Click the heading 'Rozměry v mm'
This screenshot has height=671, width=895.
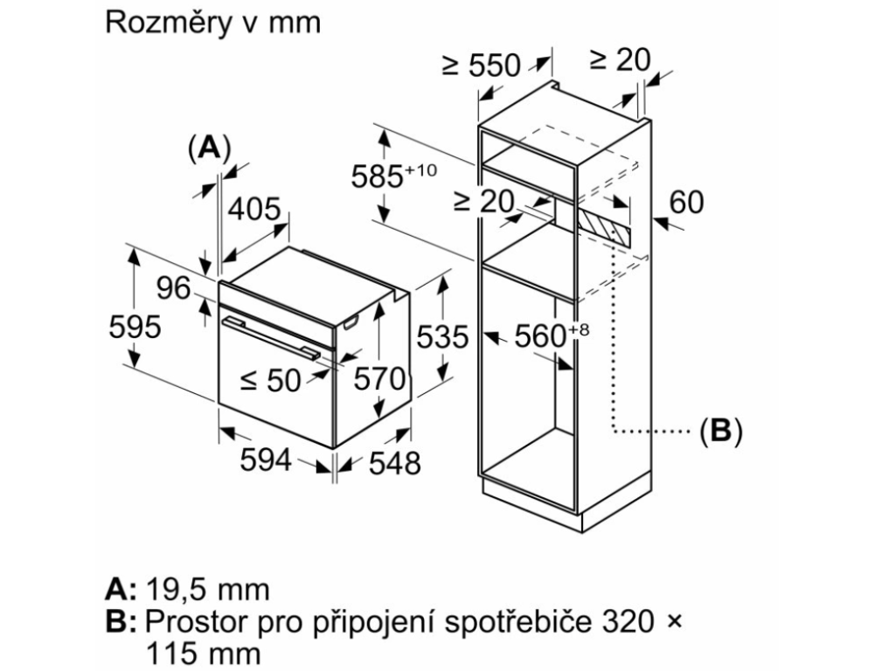(x=212, y=23)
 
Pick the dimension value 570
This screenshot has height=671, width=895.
(x=379, y=378)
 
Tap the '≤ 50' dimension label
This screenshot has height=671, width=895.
(x=270, y=380)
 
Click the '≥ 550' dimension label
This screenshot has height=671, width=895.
(x=481, y=65)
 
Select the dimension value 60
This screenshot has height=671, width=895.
(x=686, y=203)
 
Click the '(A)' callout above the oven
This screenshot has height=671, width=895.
(x=208, y=148)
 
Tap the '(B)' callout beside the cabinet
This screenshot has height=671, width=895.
(x=720, y=430)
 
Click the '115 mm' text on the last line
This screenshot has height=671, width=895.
(x=204, y=654)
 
